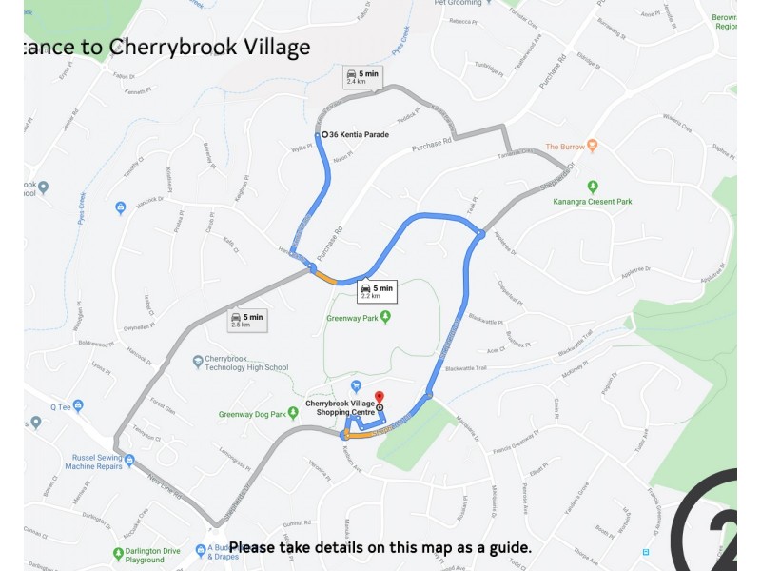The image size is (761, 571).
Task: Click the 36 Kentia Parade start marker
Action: pyautogui.click(x=325, y=135)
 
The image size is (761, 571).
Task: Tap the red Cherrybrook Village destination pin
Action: pyautogui.click(x=379, y=397)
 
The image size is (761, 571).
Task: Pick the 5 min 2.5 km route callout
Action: pyautogui.click(x=246, y=320)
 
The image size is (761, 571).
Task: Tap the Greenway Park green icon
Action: pyautogui.click(x=385, y=318)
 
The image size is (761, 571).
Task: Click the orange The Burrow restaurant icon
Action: pyautogui.click(x=592, y=147)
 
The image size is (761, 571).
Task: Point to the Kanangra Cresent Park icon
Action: pyautogui.click(x=592, y=187)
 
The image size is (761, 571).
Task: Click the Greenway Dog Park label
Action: pyautogui.click(x=252, y=414)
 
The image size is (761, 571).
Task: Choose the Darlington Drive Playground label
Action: pyautogui.click(x=145, y=556)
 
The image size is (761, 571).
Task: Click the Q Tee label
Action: pyautogui.click(x=61, y=405)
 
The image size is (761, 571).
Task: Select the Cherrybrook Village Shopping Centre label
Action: pyautogui.click(x=341, y=407)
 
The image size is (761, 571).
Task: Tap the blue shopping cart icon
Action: pyautogui.click(x=355, y=385)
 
